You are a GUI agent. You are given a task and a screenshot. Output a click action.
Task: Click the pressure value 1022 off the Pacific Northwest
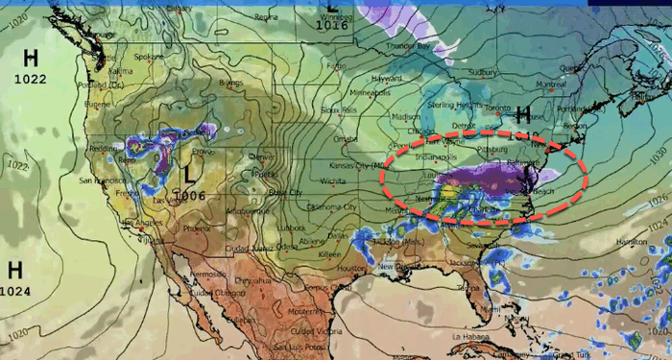30,78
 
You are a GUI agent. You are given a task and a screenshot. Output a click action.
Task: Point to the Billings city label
230,84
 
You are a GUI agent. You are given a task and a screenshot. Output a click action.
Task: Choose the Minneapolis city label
370,93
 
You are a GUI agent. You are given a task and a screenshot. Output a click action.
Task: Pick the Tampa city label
468,286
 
